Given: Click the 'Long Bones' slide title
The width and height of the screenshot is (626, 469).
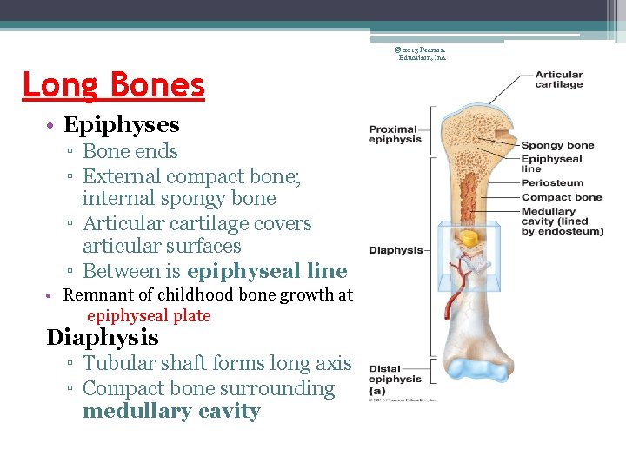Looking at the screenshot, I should (x=113, y=85).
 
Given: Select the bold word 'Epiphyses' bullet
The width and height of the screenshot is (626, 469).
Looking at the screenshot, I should (x=122, y=125).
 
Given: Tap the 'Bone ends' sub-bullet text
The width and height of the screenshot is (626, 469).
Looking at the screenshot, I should (x=130, y=152).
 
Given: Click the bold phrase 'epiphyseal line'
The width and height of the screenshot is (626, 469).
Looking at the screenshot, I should (x=267, y=271).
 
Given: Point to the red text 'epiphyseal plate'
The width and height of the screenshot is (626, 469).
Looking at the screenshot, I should (x=149, y=316).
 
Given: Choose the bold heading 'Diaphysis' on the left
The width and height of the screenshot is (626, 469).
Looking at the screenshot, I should (x=103, y=338).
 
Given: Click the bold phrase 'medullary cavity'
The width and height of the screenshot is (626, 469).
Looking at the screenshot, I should (x=171, y=412).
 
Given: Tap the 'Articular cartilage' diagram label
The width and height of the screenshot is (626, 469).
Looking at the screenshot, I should (x=559, y=80).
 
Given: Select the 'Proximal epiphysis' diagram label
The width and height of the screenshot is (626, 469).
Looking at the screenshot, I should (x=394, y=135).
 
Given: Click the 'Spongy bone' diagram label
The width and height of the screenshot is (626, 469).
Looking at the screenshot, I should (x=557, y=145).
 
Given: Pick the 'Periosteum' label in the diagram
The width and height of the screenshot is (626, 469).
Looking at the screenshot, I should (x=552, y=183).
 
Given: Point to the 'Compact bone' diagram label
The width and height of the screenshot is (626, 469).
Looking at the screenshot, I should (x=562, y=197).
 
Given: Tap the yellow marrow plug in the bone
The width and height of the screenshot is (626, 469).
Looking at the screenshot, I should (x=469, y=237).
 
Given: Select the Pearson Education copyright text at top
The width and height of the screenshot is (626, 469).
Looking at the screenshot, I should (x=422, y=53).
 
